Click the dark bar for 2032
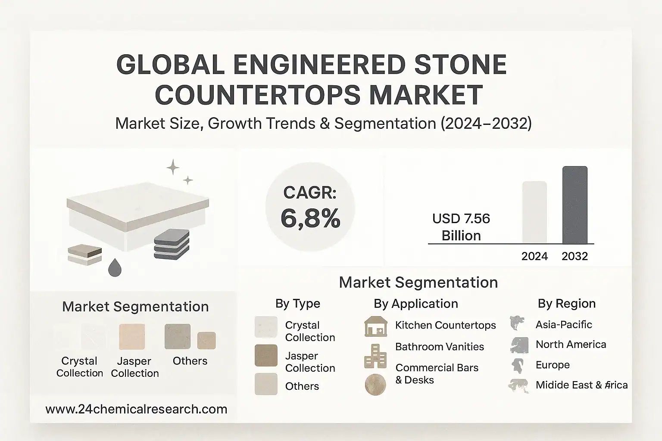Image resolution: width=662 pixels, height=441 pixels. pos(575,205)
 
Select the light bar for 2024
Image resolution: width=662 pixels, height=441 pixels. pos(534,212)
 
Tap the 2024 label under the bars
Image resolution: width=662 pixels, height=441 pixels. pos(534,256)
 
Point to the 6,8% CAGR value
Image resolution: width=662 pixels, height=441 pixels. pos(310,218)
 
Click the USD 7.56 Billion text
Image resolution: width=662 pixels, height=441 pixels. pos(461,227)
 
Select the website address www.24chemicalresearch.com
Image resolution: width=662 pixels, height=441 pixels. pos(136,409)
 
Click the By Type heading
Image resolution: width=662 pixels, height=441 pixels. pos(298,304)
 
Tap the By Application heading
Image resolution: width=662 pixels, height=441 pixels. pos(415,304)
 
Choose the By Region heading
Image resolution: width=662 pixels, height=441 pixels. pos(566,304)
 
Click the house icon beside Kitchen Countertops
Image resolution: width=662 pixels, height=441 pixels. pos(376,326)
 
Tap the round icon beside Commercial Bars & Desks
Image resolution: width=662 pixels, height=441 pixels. pos(375,385)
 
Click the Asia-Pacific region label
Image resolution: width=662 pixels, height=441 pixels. pos(564,324)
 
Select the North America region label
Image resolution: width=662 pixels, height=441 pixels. pos(571,345)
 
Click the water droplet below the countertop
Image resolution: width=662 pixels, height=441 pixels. pos(115,267)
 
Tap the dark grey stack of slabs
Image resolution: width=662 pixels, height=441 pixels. pos(172,244)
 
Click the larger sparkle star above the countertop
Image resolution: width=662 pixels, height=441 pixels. pos(173,167)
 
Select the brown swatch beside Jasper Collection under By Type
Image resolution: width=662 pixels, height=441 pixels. pos(266,356)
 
